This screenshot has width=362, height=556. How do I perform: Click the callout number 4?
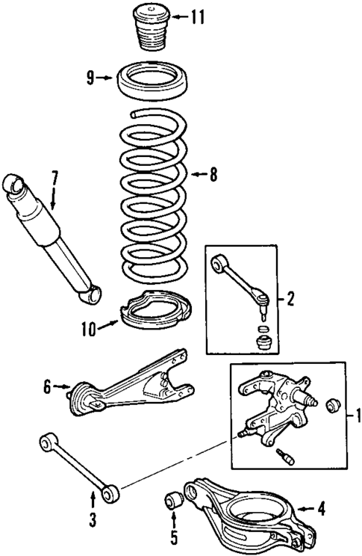321,511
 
